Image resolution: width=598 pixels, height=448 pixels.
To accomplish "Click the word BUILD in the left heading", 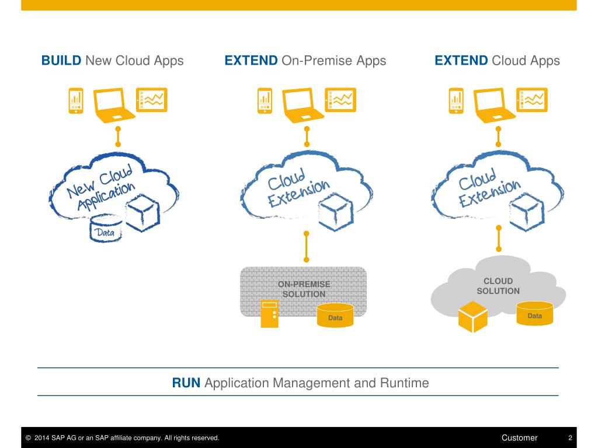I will tap(61, 61).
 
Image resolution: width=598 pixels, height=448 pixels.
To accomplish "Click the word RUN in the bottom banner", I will tap(186, 383).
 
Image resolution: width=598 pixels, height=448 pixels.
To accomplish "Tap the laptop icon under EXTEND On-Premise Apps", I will tap(304, 105).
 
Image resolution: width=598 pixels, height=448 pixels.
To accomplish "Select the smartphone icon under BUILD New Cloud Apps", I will tap(76, 100).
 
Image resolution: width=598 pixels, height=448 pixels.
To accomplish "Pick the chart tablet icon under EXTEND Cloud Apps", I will tap(533, 100).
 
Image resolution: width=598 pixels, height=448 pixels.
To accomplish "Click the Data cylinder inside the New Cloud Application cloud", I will tap(107, 229).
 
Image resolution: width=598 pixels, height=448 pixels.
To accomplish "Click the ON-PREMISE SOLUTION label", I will tap(304, 289).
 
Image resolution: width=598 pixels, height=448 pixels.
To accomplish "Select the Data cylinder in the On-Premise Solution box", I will tap(335, 315).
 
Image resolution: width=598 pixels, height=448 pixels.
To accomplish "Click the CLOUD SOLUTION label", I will tap(498, 286).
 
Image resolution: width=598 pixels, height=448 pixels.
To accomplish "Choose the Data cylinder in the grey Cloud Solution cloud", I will tap(534, 313).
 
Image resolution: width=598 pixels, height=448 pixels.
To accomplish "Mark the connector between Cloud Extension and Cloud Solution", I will tap(498, 238).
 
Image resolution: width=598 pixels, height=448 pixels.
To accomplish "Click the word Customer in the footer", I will tap(519, 438).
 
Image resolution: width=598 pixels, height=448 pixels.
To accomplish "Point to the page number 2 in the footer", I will tap(570, 438).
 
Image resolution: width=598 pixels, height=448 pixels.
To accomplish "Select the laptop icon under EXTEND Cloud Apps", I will tap(495, 105).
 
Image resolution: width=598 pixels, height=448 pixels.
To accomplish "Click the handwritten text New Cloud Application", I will tap(100, 188).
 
